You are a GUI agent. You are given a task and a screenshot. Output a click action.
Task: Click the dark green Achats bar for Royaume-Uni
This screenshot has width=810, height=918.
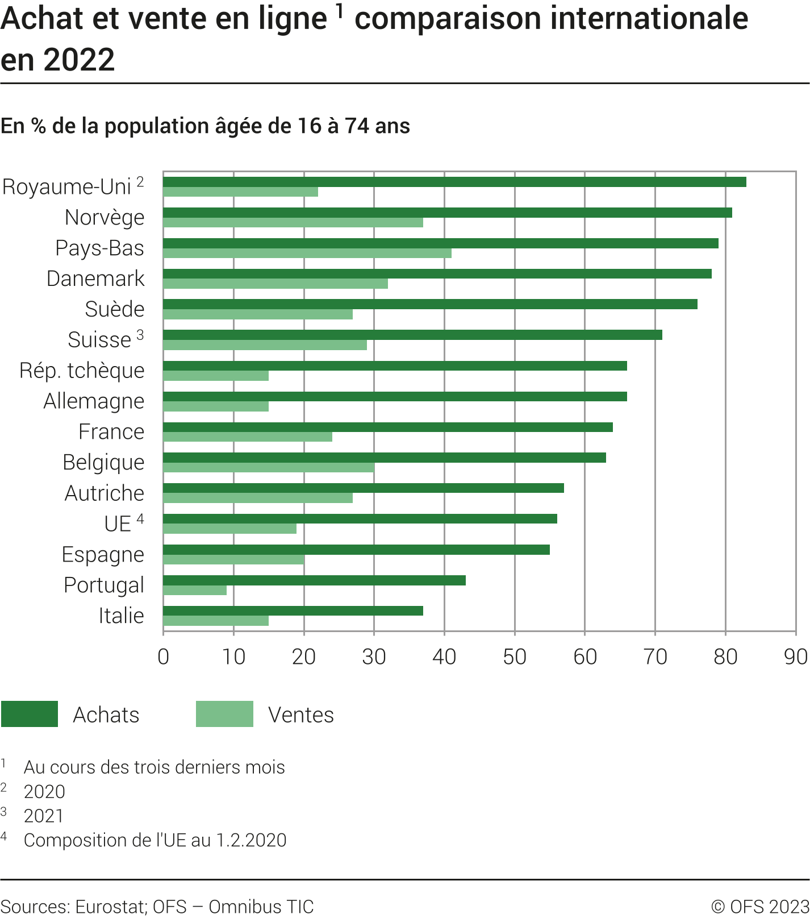pos(454,182)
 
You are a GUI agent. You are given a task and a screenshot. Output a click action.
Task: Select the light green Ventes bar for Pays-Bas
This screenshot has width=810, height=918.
pos(307,253)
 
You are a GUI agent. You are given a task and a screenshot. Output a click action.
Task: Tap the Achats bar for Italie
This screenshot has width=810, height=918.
pos(293,610)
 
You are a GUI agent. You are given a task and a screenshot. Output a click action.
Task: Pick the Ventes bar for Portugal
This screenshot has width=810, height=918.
pos(195,590)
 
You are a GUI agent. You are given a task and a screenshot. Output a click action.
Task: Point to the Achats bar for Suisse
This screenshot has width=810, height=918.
pos(412,335)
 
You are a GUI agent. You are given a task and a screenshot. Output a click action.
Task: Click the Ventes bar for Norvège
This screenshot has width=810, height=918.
pos(293,222)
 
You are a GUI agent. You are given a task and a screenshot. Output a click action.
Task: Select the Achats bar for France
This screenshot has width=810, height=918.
pos(388,427)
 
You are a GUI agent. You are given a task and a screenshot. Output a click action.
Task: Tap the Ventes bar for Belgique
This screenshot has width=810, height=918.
pos(268,467)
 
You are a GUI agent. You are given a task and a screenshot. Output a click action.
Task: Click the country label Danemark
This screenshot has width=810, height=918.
pos(95,279)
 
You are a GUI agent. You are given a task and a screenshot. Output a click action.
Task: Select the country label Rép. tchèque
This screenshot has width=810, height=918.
pos(82,371)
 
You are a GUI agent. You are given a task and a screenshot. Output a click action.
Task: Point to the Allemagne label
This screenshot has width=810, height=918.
pos(94,401)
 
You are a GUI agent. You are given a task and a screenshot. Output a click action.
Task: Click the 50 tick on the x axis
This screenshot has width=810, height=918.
pos(515,657)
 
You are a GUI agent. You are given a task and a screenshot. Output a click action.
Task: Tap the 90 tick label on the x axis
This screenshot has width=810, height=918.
pos(795,657)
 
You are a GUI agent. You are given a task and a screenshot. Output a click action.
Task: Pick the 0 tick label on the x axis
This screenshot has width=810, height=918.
pos(164,657)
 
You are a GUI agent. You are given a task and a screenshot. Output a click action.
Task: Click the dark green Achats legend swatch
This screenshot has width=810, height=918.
pos(30,714)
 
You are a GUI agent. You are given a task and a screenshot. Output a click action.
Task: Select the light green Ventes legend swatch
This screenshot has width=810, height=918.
pos(224,714)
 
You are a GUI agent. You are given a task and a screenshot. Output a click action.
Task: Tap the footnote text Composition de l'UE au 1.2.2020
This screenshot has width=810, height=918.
pos(155,840)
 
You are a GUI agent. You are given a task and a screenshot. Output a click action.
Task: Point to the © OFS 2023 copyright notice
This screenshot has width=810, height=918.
pos(760,906)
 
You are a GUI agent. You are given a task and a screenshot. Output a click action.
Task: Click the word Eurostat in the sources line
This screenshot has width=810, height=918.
pos(111,907)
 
